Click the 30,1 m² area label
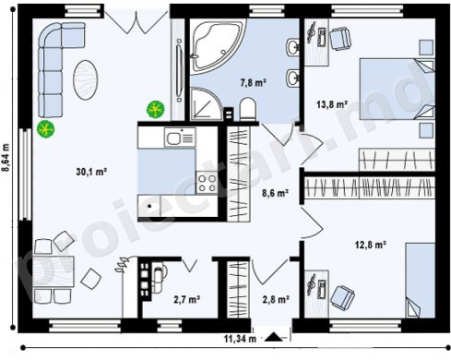[91, 172]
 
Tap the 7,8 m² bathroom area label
[253, 82]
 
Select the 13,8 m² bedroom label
[332, 104]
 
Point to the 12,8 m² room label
[371, 245]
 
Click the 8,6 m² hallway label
[275, 193]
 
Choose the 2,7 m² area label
[187, 299]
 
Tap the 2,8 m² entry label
[276, 299]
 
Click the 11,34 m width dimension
[240, 339]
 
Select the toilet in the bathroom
[248, 109]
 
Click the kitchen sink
[181, 137]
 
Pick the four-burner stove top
[207, 184]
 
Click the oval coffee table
[86, 79]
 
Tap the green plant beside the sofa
[45, 129]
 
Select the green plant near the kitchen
[156, 109]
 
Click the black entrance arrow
[274, 337]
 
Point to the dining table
[53, 271]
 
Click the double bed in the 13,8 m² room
[398, 89]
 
